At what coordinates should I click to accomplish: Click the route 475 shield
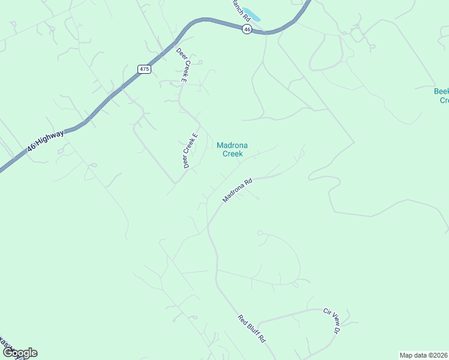tap(144, 69)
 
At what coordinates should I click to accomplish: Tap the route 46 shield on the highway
tap(247, 29)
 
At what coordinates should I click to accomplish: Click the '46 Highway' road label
tap(46, 142)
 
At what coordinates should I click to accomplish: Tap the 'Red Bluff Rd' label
tap(252, 328)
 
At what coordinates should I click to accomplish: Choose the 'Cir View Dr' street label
tap(332, 321)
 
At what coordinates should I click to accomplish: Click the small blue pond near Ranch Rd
tap(252, 14)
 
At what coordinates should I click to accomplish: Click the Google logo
tap(20, 353)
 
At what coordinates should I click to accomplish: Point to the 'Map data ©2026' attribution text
tap(423, 355)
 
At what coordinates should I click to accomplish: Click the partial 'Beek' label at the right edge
tap(441, 91)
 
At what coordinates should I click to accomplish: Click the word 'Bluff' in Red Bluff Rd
tap(252, 329)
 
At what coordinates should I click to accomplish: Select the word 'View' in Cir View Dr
tap(333, 321)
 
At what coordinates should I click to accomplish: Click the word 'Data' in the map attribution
tap(418, 355)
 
